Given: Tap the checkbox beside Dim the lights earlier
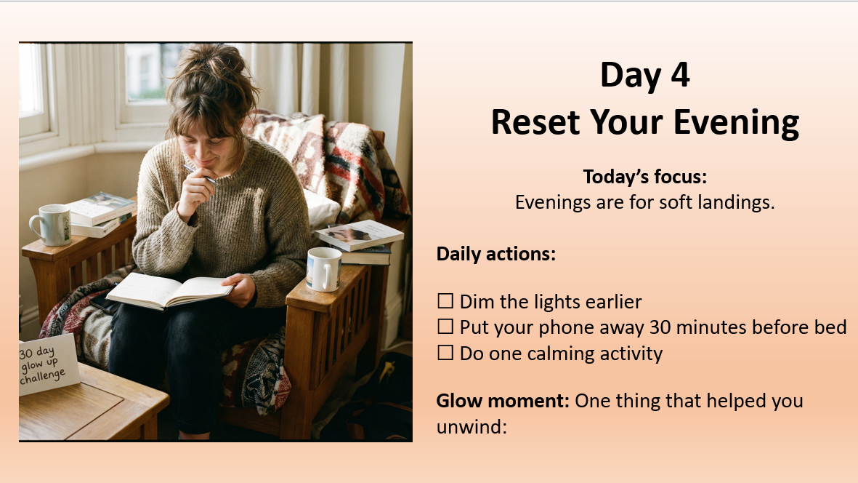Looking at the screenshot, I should point(445,301).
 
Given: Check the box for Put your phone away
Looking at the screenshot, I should point(445,327).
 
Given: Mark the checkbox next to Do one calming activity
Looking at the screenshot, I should point(445,354).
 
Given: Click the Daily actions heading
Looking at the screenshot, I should point(495,255).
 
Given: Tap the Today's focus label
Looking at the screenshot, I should point(644,177).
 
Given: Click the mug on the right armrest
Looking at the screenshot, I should point(323,268).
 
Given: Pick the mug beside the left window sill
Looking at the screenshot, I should point(49,224).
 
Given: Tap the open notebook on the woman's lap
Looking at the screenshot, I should point(170,289).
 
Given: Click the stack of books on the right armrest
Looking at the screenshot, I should point(360,242).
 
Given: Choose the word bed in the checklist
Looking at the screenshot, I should point(831,327).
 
